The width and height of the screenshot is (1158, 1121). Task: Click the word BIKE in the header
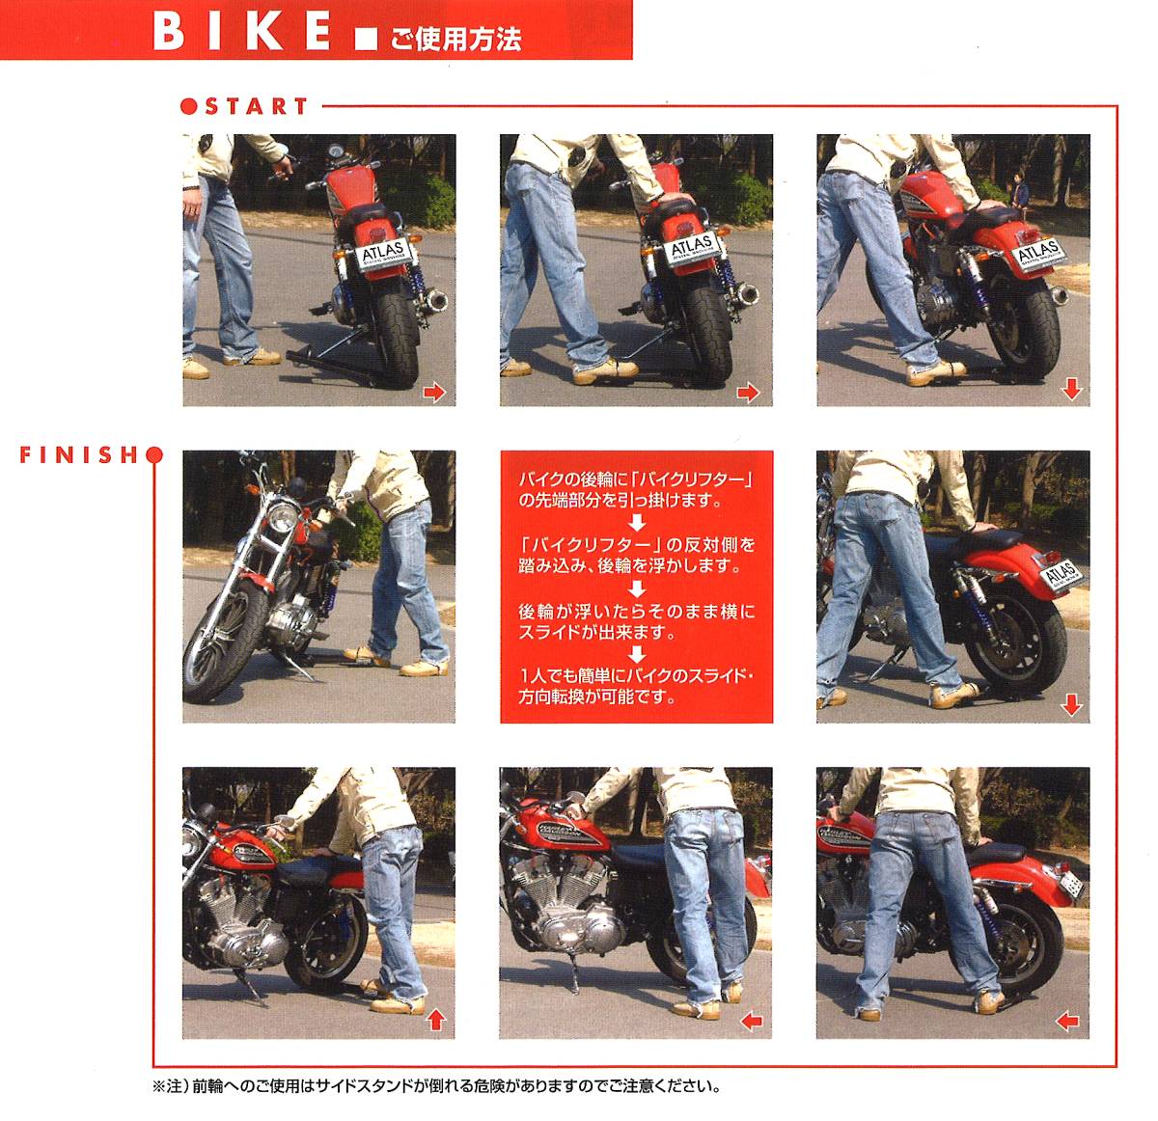click(241, 33)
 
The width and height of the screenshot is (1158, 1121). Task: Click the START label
click(257, 106)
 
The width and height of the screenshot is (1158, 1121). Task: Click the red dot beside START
click(188, 106)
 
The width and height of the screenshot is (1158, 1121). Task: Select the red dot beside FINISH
click(154, 455)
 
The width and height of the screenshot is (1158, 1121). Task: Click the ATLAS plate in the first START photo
click(384, 255)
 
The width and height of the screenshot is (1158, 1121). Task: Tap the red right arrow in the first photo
click(434, 392)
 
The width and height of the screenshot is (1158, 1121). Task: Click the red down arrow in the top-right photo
click(1071, 389)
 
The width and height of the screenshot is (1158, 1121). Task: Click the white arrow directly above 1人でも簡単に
click(637, 654)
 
